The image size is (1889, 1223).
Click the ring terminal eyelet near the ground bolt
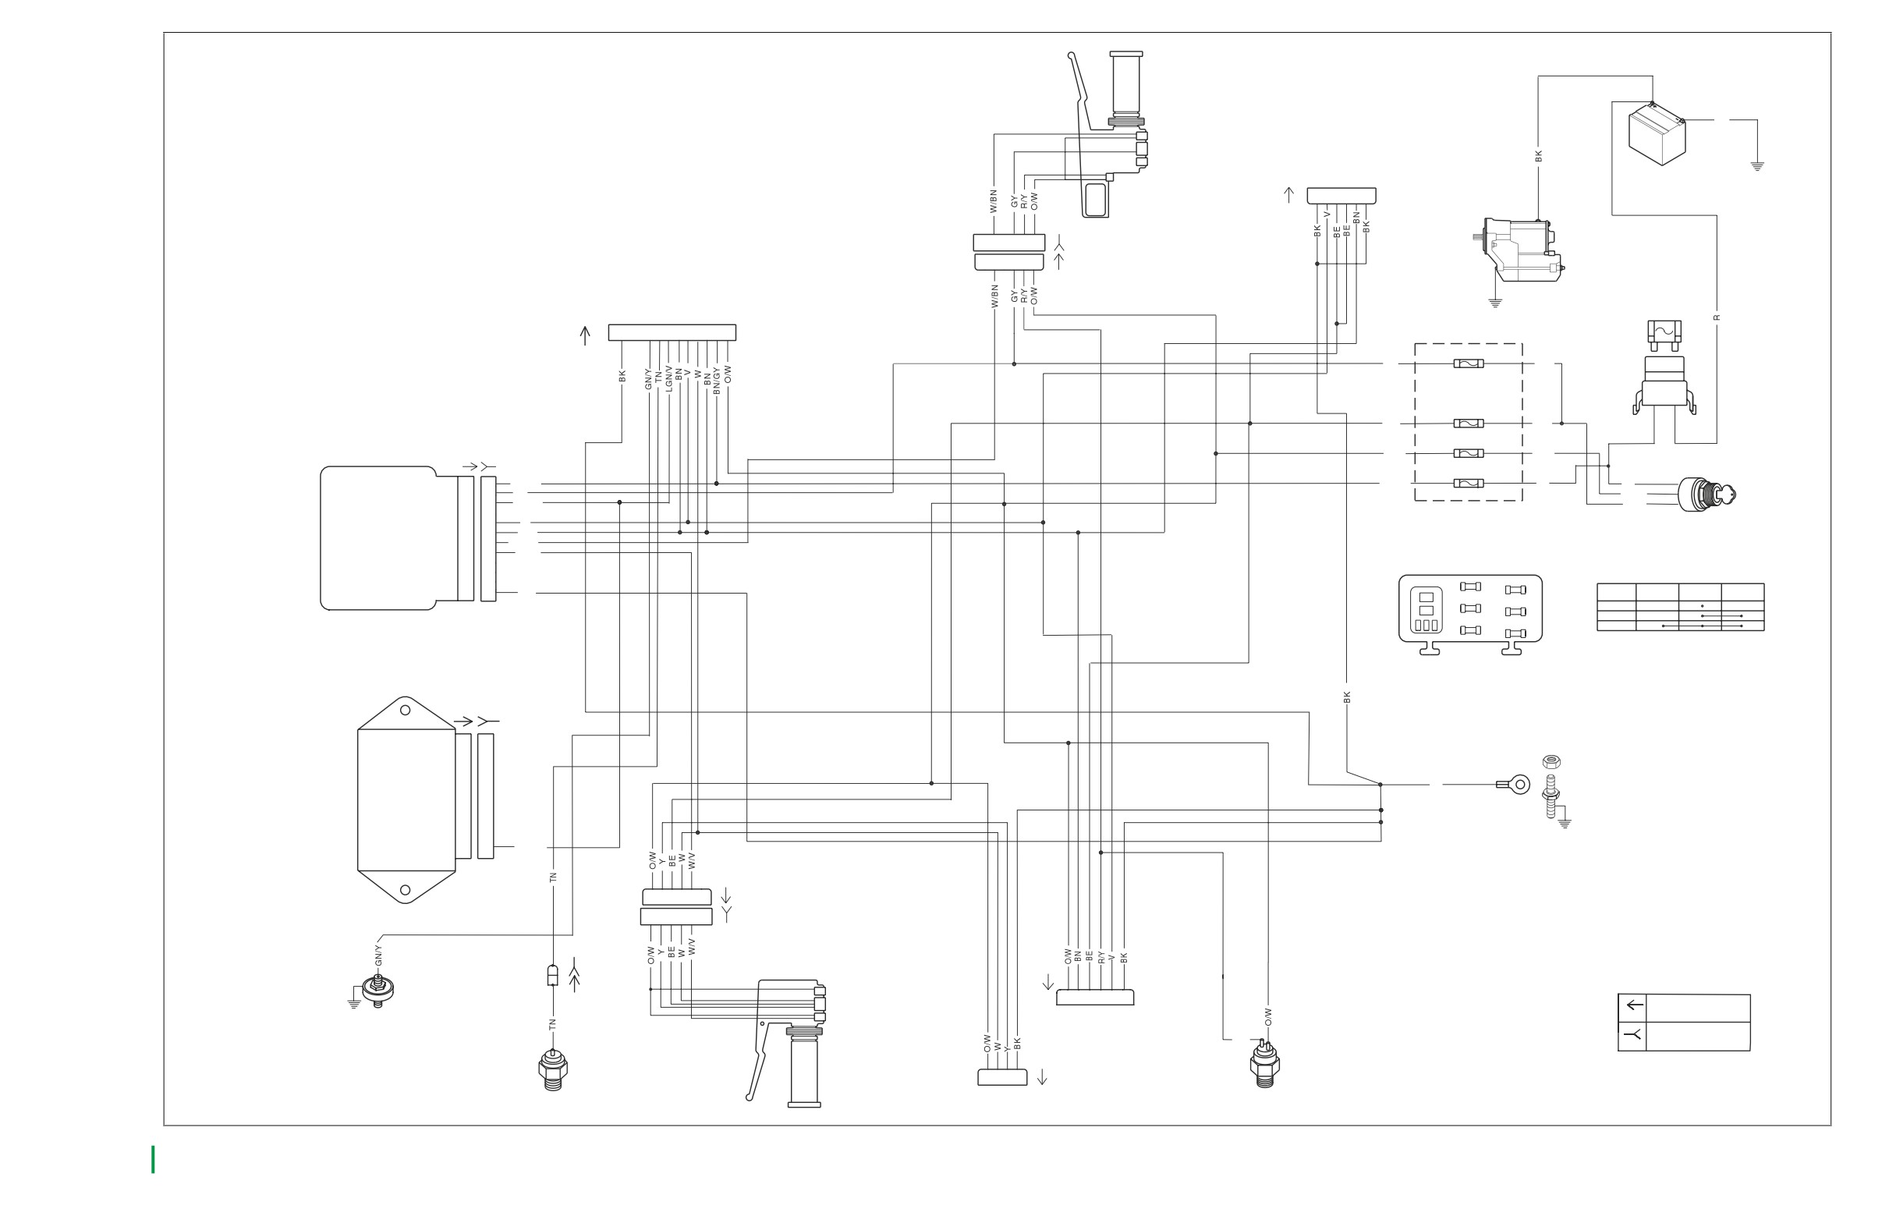click(x=1515, y=785)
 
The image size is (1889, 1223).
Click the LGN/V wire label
click(x=669, y=378)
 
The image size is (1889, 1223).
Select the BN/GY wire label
click(x=717, y=380)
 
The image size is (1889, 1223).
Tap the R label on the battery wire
click(x=1717, y=317)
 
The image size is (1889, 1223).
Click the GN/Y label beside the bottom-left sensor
click(x=378, y=955)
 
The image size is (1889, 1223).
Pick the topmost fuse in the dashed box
click(x=1469, y=363)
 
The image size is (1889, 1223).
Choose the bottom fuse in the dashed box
click(x=1469, y=484)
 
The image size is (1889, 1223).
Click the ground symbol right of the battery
click(x=1757, y=167)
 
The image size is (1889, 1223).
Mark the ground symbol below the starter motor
click(x=1495, y=303)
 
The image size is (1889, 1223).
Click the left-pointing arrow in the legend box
click(x=1634, y=1005)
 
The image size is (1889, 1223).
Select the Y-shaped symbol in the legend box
click(x=1633, y=1035)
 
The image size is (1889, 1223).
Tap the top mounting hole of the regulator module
click(x=405, y=711)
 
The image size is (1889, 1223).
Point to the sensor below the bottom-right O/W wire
click(x=1264, y=1063)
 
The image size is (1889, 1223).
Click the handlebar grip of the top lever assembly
click(x=1126, y=83)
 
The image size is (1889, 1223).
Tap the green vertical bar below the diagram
click(x=153, y=1160)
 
